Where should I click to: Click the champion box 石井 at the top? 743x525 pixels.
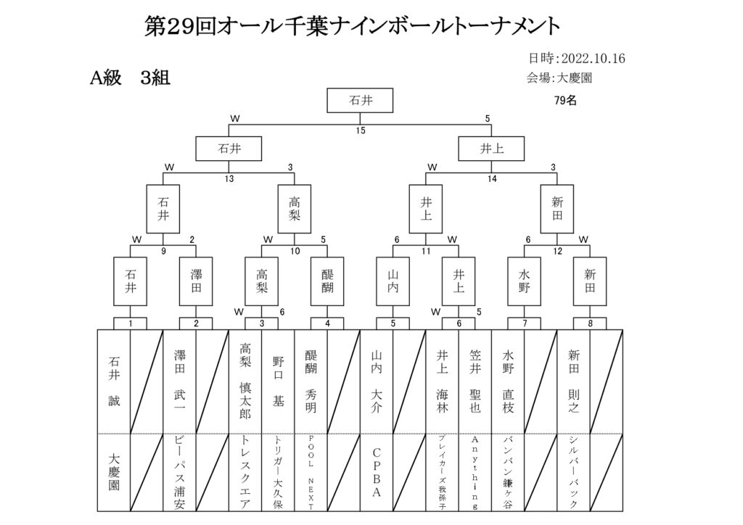[360, 100]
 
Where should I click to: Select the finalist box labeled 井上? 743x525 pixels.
[491, 149]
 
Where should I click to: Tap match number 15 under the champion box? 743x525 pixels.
[361, 131]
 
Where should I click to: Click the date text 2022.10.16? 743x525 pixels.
[594, 58]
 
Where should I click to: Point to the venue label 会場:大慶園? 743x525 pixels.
[559, 78]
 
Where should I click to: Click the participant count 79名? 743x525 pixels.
[565, 100]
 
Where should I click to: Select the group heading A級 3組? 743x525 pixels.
[130, 78]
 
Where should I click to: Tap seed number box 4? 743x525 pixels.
[327, 324]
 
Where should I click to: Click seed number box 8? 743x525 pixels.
[590, 324]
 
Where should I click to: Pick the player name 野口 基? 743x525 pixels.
[278, 381]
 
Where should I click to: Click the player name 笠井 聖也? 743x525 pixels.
[475, 381]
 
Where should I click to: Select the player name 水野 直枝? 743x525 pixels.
[508, 381]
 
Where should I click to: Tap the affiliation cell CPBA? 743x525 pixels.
[377, 473]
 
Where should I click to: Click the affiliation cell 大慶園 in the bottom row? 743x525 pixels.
[114, 472]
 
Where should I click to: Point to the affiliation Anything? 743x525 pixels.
[475, 473]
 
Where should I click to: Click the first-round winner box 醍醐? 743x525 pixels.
[327, 281]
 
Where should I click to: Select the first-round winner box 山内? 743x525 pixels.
[393, 281]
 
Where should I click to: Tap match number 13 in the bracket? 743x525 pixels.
[229, 178]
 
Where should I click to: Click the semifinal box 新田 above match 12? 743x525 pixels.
[557, 209]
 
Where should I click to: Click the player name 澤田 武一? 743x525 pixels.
[180, 381]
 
